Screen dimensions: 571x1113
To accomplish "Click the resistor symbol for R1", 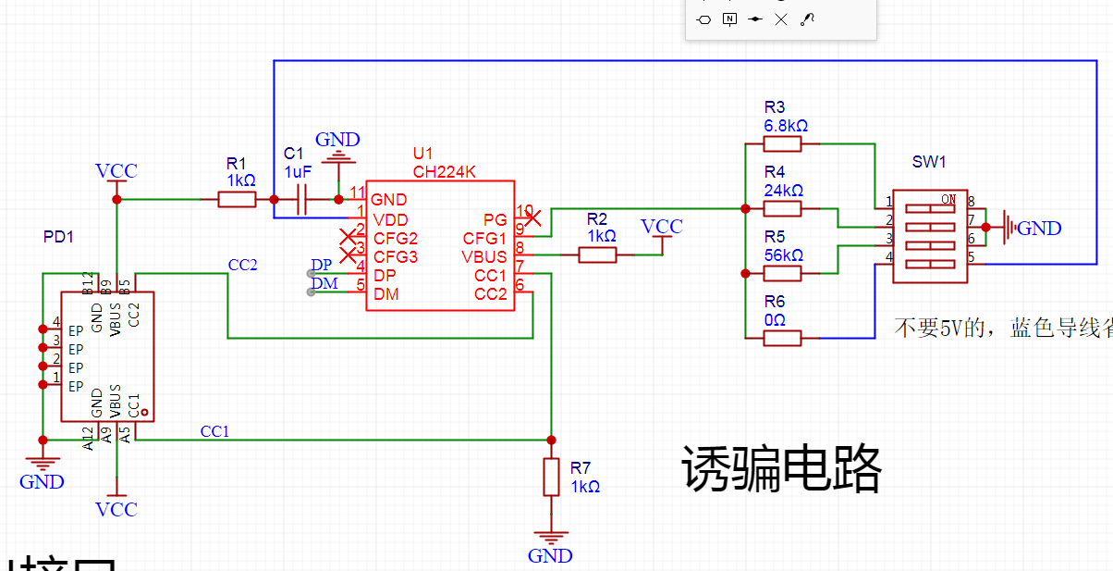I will [x=237, y=199].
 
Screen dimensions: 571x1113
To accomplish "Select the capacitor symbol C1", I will [x=302, y=199].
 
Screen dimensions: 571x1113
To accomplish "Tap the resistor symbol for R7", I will [x=551, y=477].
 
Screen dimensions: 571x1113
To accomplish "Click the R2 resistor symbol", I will [x=597, y=254].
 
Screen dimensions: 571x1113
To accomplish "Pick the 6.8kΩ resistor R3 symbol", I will [x=782, y=143].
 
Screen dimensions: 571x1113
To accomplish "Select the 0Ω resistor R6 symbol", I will [x=782, y=338].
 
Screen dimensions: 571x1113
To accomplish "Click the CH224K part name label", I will [x=444, y=171].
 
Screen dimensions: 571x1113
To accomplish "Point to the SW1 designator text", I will [x=929, y=162].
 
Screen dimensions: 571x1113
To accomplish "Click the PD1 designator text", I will [x=58, y=237].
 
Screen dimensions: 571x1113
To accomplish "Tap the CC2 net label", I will [x=242, y=265].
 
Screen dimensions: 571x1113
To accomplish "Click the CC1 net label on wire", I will [x=214, y=431].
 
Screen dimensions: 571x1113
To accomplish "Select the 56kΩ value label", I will [x=784, y=254].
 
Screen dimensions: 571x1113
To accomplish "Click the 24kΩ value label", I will [x=784, y=190].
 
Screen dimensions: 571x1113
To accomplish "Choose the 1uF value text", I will [x=298, y=172].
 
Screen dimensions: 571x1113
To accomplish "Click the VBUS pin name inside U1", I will [x=484, y=257].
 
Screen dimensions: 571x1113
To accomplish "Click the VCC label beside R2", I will [x=662, y=227].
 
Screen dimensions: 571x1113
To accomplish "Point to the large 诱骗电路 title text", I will [x=782, y=468].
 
